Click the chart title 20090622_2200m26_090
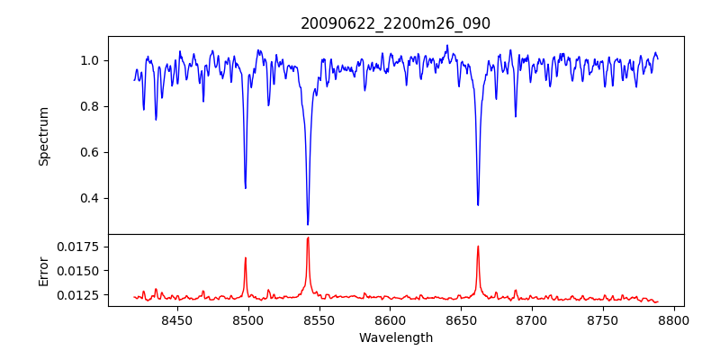(395, 23)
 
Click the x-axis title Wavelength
(395, 337)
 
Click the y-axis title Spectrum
(43, 136)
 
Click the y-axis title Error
(43, 270)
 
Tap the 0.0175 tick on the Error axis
(82, 247)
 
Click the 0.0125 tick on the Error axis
(82, 294)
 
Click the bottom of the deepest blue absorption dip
(308, 224)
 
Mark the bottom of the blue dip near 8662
(478, 204)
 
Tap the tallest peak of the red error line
(308, 238)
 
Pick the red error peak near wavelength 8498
(245, 258)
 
